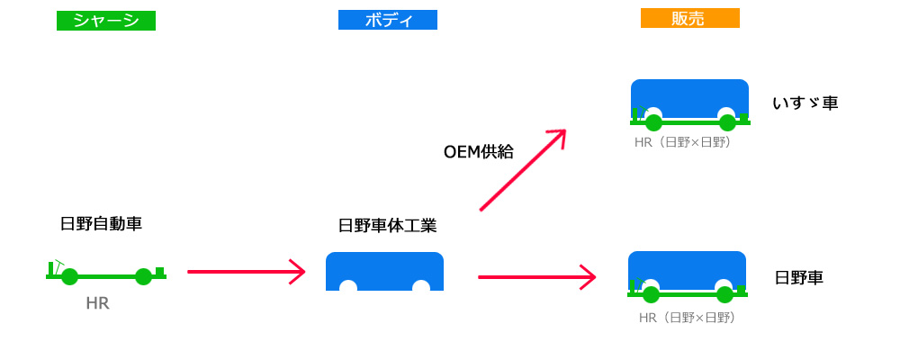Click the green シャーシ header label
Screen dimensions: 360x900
pyautogui.click(x=106, y=21)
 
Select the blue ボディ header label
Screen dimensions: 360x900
pyautogui.click(x=388, y=20)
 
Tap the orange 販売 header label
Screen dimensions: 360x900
pyautogui.click(x=689, y=18)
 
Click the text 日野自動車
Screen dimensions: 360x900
pyautogui.click(x=101, y=224)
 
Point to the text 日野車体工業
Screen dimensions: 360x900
pyautogui.click(x=387, y=225)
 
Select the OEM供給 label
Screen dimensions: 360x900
pyautogui.click(x=479, y=151)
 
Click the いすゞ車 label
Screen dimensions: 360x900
pyautogui.click(x=805, y=103)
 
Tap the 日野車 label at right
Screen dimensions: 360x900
pyautogui.click(x=799, y=278)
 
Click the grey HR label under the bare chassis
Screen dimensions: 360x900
pyautogui.click(x=97, y=303)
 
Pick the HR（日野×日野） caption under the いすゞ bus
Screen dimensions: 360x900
pyautogui.click(x=682, y=142)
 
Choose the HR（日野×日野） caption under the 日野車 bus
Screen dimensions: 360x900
pyautogui.click(x=687, y=317)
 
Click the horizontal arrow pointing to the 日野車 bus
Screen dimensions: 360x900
pyautogui.click(x=537, y=277)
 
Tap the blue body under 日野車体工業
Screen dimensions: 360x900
pyautogui.click(x=384, y=268)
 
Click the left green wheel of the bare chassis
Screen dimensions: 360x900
pyautogui.click(x=69, y=276)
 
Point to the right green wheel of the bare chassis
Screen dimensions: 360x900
pyautogui.click(x=143, y=276)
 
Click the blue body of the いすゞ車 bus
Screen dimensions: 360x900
pyautogui.click(x=689, y=94)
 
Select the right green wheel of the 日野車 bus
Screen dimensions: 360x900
pyautogui.click(x=724, y=294)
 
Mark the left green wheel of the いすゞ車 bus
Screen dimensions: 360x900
pyautogui.click(x=653, y=123)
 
